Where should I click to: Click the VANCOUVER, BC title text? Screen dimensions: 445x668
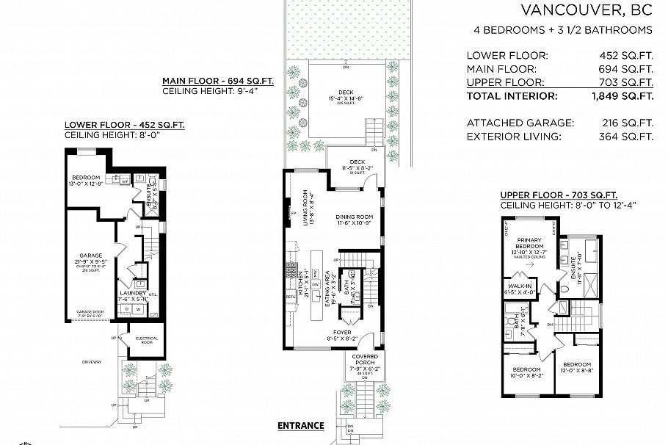[587, 10]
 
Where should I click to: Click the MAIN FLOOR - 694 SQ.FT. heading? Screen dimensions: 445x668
[217, 81]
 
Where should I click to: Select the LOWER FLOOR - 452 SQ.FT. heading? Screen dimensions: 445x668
[124, 125]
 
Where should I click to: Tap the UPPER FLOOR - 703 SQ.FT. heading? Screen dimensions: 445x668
[559, 195]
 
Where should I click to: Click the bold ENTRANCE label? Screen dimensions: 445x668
[300, 425]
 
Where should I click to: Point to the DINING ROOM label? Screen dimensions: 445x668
[355, 217]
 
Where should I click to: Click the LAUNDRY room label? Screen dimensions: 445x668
[133, 292]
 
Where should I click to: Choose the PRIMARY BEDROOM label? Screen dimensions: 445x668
[529, 243]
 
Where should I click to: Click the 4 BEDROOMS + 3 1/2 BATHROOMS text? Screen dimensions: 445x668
[563, 30]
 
